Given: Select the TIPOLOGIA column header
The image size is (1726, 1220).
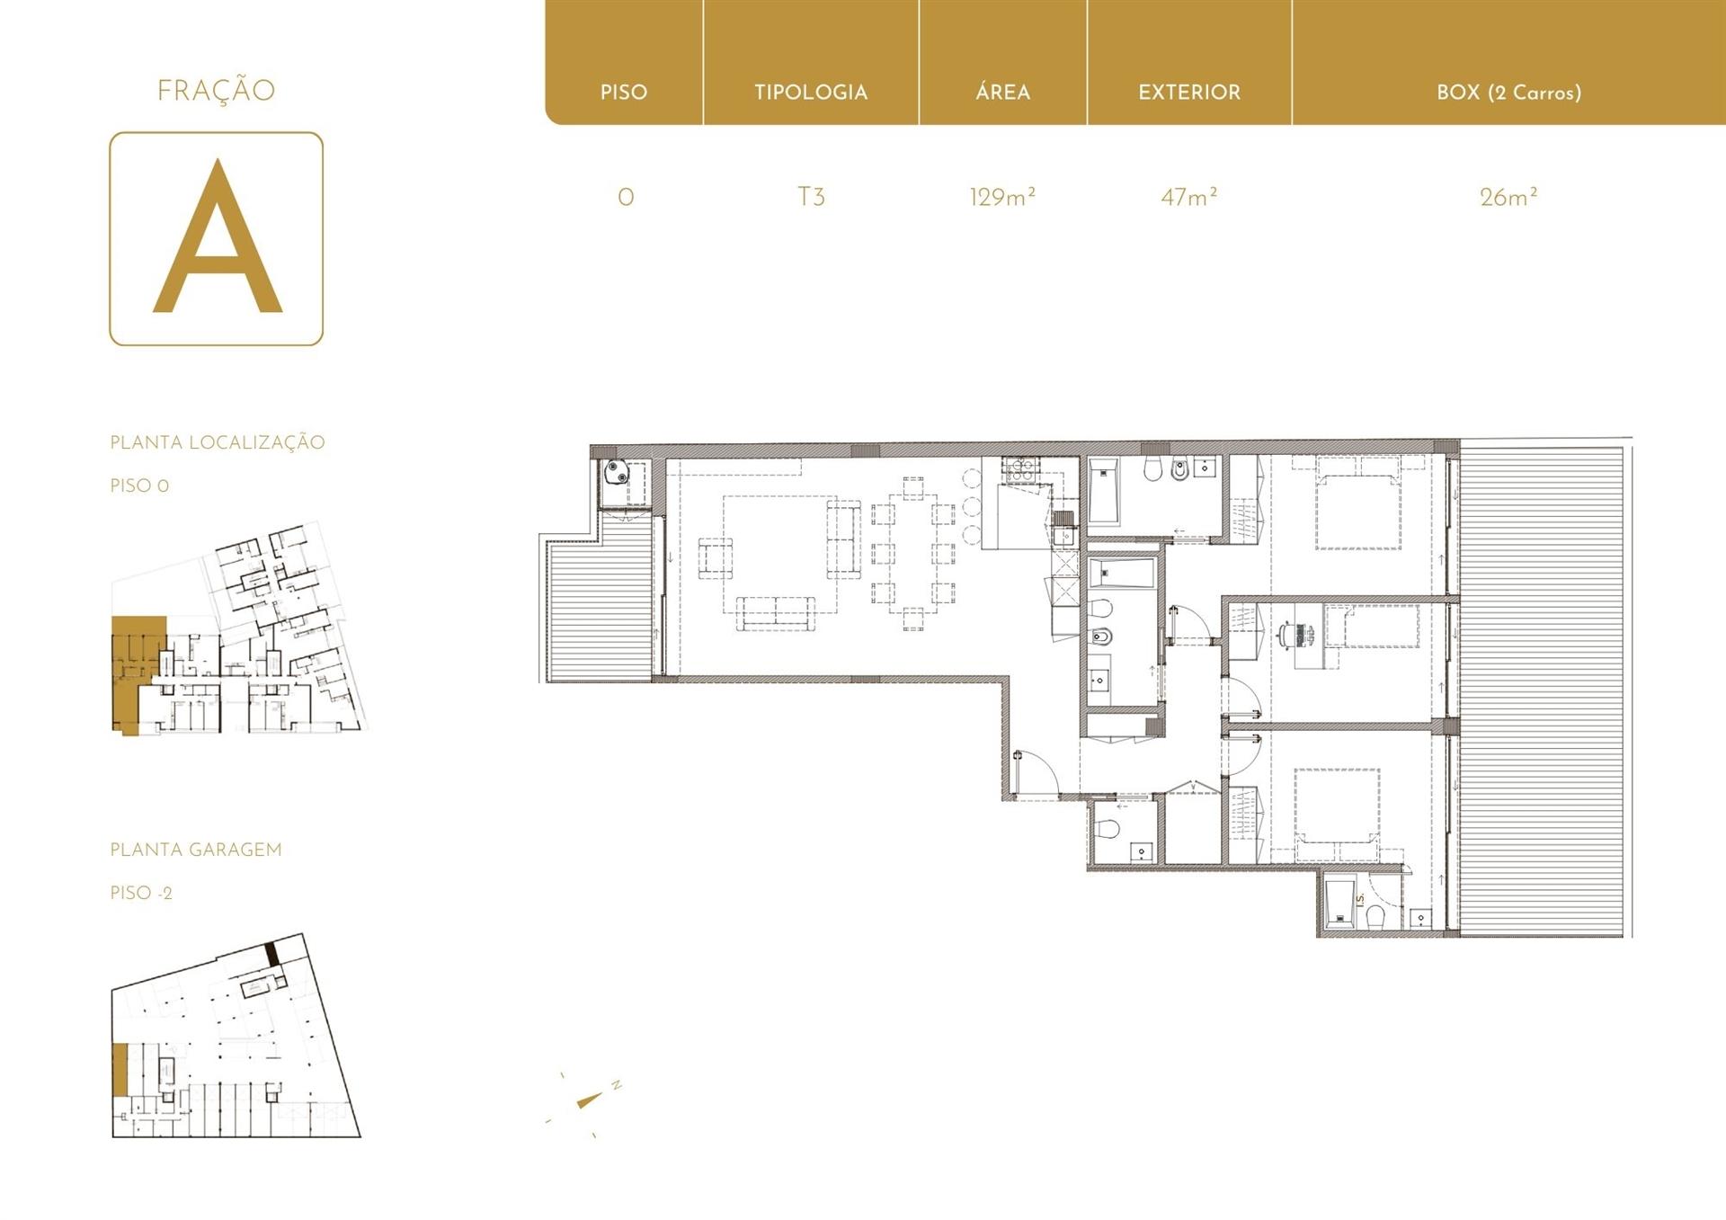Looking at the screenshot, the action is point(811,93).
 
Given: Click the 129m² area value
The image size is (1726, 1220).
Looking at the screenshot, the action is point(1002,197).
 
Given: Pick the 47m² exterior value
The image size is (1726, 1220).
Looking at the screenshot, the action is point(1188,197).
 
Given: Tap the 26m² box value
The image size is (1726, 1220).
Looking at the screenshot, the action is point(1508,197).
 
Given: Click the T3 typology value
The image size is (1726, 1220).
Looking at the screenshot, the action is point(811,197).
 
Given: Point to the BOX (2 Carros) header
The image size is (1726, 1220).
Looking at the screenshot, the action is point(1508,93).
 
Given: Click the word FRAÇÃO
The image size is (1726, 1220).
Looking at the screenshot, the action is point(216,90).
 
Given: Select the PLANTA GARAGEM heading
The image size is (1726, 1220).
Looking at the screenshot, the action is point(196,850).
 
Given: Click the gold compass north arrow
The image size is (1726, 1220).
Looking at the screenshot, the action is point(590,1100).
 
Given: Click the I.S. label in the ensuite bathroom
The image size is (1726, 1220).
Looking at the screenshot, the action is point(1360,899).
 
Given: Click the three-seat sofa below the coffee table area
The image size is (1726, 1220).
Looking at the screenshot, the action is point(776,611).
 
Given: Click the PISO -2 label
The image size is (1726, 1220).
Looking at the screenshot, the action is point(141,893).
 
